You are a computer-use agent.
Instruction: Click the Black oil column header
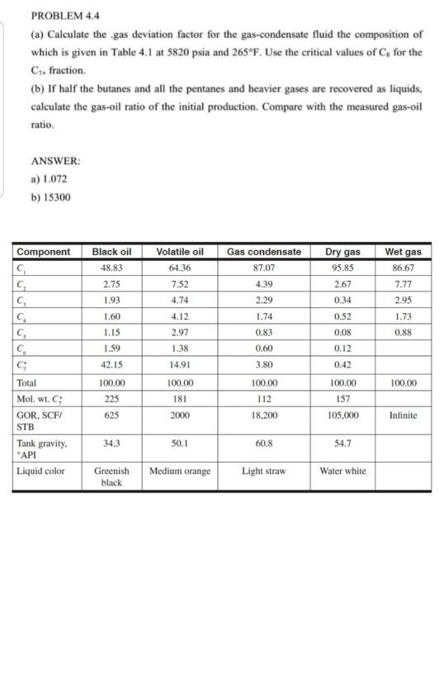112,252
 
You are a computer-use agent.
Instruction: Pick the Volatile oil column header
179,252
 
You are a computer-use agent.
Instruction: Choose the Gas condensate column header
263,252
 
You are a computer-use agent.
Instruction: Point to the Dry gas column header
342,252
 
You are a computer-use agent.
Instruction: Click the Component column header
44,252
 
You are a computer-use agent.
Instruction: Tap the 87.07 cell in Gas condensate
263,268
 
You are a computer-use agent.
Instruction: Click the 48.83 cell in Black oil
112,268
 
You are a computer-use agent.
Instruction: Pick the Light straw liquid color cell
263,472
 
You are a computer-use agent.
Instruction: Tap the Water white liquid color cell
342,472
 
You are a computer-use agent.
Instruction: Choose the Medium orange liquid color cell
179,472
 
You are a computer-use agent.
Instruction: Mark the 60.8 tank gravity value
263,443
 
